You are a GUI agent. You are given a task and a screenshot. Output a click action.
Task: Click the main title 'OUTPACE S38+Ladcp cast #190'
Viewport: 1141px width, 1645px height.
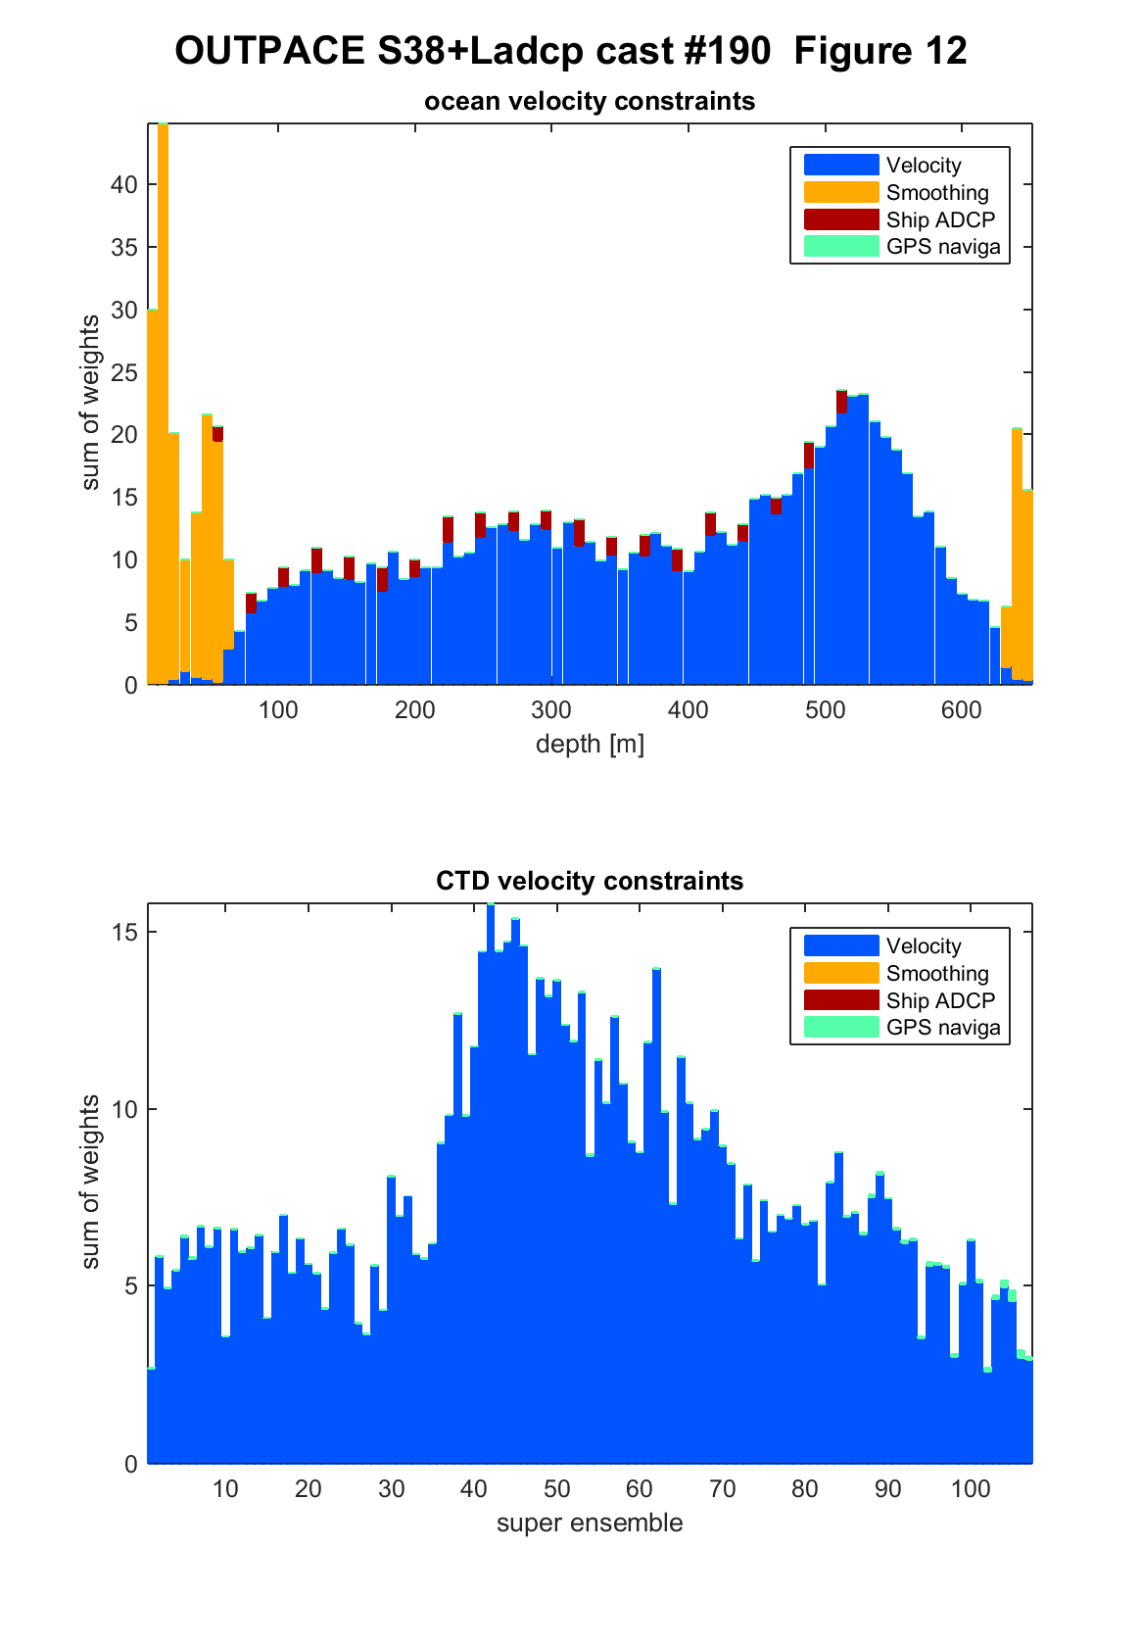click(473, 51)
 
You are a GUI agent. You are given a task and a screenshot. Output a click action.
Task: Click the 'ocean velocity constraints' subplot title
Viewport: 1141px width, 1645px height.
click(590, 101)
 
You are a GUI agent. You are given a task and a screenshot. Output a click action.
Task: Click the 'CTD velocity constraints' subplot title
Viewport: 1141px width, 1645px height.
click(590, 881)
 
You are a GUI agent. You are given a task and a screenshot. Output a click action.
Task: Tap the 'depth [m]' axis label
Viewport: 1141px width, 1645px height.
click(590, 744)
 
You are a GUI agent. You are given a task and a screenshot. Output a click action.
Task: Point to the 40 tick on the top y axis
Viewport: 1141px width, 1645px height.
click(124, 184)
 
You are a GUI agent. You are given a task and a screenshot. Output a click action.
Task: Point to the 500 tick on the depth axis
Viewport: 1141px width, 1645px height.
click(826, 710)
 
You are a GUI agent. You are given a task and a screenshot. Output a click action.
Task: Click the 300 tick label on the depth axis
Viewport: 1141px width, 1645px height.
click(551, 710)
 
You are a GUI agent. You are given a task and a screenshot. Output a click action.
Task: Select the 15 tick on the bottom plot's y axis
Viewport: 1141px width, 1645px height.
click(125, 932)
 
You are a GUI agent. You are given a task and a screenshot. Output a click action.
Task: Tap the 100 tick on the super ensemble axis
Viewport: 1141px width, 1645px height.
click(971, 1488)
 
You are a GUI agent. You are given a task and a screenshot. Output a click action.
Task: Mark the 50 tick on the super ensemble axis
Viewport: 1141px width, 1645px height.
click(556, 1488)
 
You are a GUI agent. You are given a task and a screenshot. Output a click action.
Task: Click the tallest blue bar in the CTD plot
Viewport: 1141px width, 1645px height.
click(491, 1183)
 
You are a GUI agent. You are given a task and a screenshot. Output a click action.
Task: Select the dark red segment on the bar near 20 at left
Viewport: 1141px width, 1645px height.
click(218, 434)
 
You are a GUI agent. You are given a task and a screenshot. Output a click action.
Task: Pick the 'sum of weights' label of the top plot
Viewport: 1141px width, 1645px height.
click(89, 403)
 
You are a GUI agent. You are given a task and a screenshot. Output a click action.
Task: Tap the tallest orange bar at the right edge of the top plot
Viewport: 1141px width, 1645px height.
click(1017, 554)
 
